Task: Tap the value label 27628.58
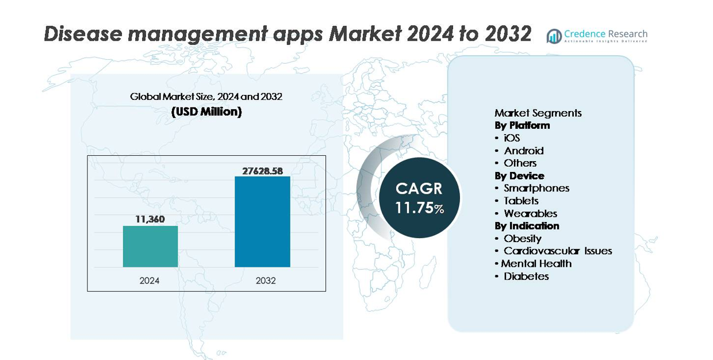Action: [262, 170]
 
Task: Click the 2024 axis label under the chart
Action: [149, 281]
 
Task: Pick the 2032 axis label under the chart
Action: [266, 281]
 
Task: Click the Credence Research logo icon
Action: [554, 36]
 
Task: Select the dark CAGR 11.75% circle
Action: [419, 198]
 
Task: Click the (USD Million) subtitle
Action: [206, 112]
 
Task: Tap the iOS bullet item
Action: [512, 138]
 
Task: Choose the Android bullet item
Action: [523, 151]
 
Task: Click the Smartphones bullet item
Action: [536, 188]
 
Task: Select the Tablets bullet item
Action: [521, 201]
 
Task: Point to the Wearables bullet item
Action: [530, 213]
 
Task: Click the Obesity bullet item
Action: [522, 238]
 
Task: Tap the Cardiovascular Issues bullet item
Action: [557, 251]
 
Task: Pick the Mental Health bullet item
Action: [536, 263]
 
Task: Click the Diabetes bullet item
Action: [526, 276]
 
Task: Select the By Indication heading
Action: [527, 226]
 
